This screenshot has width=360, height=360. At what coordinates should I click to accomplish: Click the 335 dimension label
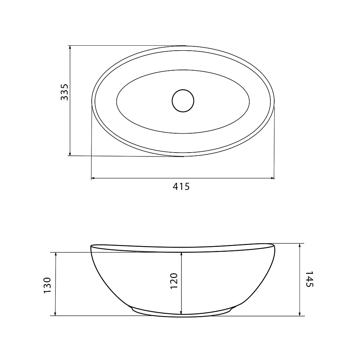[64, 92]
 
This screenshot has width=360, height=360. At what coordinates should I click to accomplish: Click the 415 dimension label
[181, 186]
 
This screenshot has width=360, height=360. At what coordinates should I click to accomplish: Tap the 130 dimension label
[47, 285]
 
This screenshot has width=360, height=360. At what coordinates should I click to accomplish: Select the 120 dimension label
[174, 281]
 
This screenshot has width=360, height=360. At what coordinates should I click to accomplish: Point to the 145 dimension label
[309, 279]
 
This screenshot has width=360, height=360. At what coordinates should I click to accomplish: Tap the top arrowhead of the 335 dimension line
[70, 47]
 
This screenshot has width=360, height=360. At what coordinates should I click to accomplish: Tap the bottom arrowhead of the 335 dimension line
[70, 154]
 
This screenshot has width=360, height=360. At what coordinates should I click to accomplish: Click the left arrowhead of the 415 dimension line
[93, 178]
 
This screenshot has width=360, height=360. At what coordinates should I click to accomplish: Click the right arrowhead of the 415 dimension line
[272, 178]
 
